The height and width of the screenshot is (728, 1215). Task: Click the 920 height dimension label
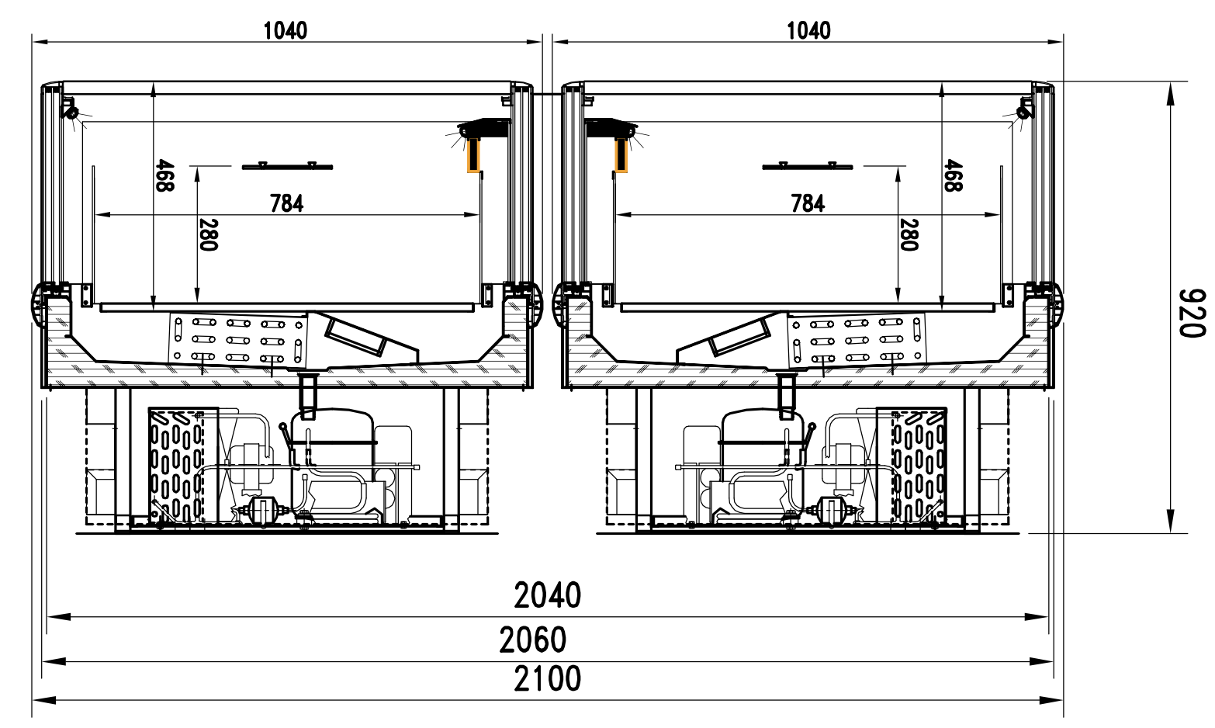click(x=1192, y=313)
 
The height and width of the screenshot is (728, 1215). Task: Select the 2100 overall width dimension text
click(x=547, y=678)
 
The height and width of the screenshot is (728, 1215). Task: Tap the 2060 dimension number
click(x=533, y=640)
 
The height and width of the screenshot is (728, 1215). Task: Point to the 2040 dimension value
click(x=547, y=595)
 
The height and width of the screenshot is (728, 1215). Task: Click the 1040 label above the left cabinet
click(x=286, y=31)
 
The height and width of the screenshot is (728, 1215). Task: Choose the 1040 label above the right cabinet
click(x=808, y=31)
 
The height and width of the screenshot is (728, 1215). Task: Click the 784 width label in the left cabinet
click(x=287, y=203)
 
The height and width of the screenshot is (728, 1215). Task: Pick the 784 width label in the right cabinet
click(x=808, y=203)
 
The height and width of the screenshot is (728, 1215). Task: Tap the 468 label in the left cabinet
click(x=165, y=175)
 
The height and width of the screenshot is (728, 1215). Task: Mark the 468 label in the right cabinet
click(x=953, y=175)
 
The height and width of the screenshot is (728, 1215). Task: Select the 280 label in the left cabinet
click(x=208, y=235)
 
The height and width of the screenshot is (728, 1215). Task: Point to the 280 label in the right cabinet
click(x=909, y=235)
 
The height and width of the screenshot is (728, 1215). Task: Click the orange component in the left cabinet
click(x=475, y=156)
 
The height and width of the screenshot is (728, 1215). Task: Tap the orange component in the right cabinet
click(x=621, y=156)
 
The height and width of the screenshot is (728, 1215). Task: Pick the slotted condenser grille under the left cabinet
click(x=176, y=466)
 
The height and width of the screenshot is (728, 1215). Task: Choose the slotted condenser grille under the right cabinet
click(x=919, y=466)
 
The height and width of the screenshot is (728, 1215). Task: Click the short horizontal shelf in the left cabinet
click(x=288, y=167)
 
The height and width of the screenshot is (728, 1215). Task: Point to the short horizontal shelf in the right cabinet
click(x=808, y=167)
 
